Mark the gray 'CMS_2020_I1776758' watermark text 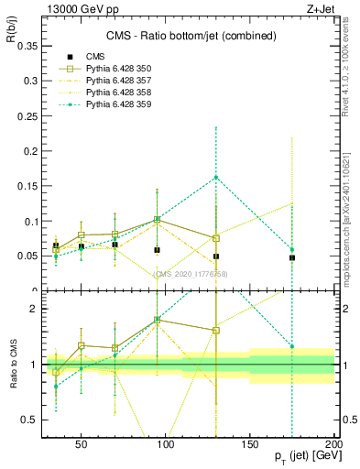pyautogui.click(x=190, y=273)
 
